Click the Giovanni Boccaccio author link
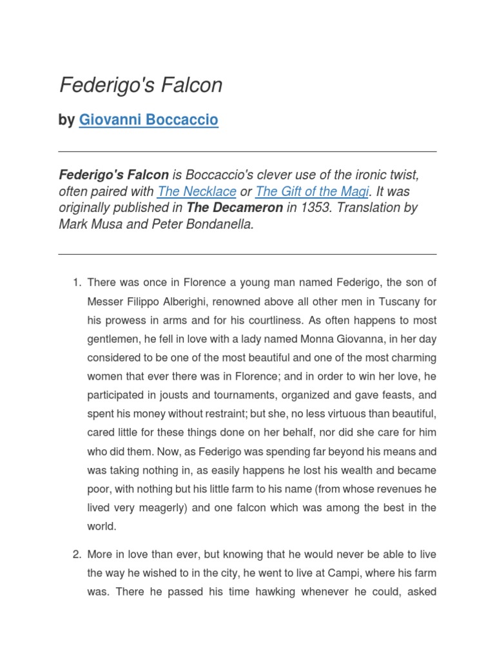(x=148, y=120)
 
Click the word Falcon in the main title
(x=193, y=85)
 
